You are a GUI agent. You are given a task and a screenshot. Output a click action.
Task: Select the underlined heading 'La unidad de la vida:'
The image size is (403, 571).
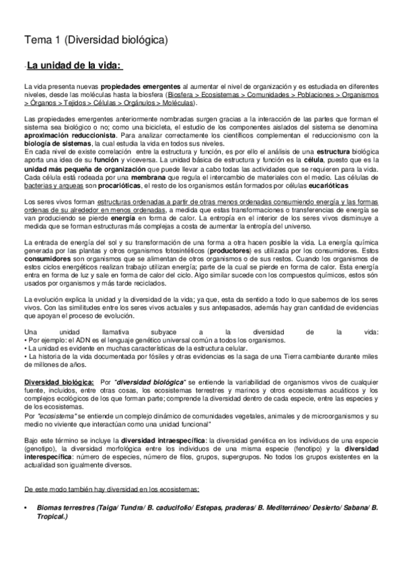tap(73, 65)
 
